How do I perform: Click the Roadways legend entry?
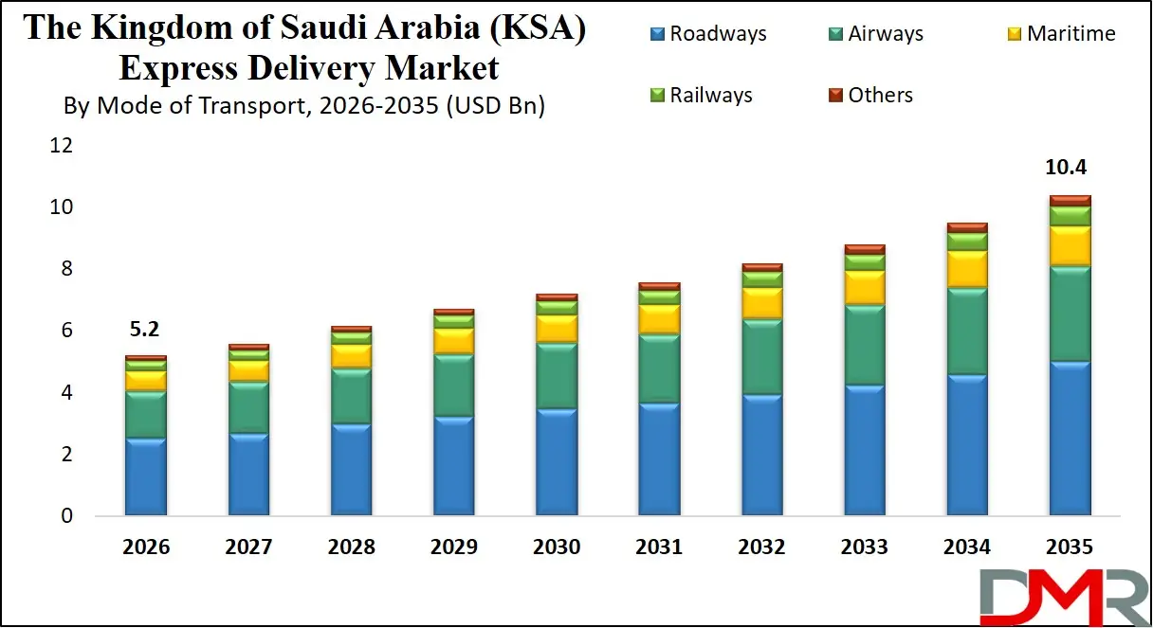pyautogui.click(x=707, y=35)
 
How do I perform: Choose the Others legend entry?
pyautogui.click(x=869, y=95)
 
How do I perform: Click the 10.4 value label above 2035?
pyautogui.click(x=1069, y=169)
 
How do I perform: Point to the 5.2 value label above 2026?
pyautogui.click(x=145, y=331)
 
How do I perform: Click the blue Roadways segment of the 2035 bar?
pyautogui.click(x=1069, y=439)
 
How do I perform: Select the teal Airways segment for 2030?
pyautogui.click(x=556, y=376)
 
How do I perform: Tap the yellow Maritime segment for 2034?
pyautogui.click(x=966, y=269)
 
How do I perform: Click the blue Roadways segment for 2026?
pyautogui.click(x=145, y=476)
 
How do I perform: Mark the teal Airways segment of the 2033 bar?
pyautogui.click(x=864, y=345)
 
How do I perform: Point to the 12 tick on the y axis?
pyautogui.click(x=62, y=145)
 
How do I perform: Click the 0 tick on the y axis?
pyautogui.click(x=66, y=516)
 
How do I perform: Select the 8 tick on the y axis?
pyautogui.click(x=66, y=269)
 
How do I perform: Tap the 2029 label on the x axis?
pyautogui.click(x=453, y=547)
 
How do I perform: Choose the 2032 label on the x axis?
pyautogui.click(x=761, y=547)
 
